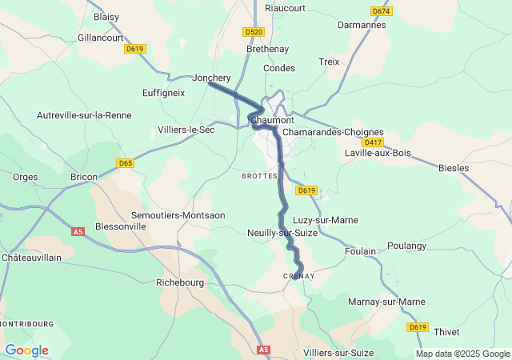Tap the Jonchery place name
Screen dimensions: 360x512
click(x=211, y=78)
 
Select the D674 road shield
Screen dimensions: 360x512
click(x=382, y=10)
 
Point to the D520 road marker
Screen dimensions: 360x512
click(x=254, y=32)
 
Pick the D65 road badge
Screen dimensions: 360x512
click(x=125, y=163)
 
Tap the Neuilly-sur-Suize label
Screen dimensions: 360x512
click(x=282, y=233)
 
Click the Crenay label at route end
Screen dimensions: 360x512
click(x=299, y=276)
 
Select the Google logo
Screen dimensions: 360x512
click(x=26, y=350)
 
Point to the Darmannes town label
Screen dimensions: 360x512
click(x=362, y=25)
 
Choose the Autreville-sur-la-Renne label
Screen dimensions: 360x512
click(x=84, y=115)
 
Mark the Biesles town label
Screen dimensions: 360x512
click(x=454, y=168)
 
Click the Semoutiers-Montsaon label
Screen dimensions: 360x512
click(x=178, y=216)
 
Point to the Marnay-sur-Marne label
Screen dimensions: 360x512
click(x=386, y=302)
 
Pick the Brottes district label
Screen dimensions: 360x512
click(x=259, y=175)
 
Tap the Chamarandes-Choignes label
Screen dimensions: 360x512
click(x=334, y=132)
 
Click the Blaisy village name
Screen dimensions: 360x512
click(x=106, y=16)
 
